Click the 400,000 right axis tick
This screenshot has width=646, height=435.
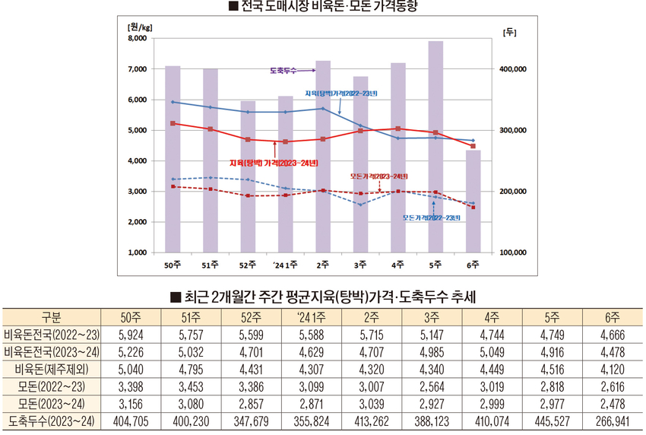514,69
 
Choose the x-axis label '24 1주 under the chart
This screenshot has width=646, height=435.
285,265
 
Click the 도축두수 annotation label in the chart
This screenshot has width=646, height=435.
282,70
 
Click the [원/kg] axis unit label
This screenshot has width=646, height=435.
141,27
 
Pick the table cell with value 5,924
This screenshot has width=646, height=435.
131,335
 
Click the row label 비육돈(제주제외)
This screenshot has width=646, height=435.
50,369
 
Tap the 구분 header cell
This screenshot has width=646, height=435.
50,317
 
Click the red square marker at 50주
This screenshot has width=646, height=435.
173,123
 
